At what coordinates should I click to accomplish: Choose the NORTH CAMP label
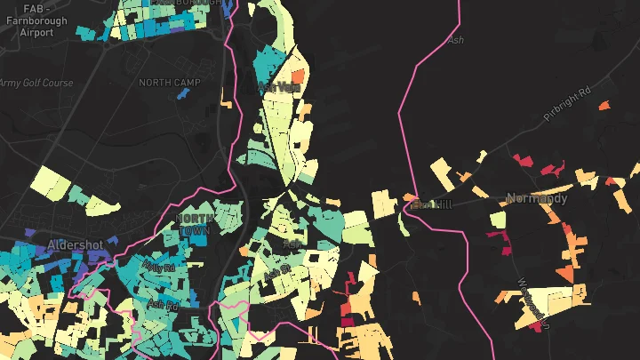[169, 83]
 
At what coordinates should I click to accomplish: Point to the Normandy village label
[537, 198]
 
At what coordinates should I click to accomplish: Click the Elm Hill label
[433, 205]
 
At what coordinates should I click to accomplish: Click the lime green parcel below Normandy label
[498, 220]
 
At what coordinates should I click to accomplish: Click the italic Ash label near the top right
[457, 40]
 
